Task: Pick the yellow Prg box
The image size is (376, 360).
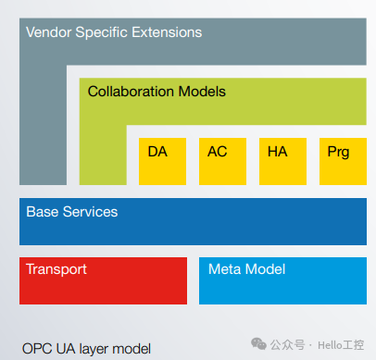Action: [338, 161]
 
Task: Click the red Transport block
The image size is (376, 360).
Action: [103, 280]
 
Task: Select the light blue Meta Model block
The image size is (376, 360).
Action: [282, 280]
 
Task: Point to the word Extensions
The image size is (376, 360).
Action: [166, 32]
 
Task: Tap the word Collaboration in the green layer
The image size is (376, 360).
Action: [131, 92]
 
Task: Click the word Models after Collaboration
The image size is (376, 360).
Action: [201, 92]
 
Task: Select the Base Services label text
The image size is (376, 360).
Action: [72, 212]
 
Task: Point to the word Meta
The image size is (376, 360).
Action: [224, 269]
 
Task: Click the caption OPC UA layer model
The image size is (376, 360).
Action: [88, 347]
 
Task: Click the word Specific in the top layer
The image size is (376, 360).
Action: [106, 32]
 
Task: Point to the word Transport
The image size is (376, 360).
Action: [56, 269]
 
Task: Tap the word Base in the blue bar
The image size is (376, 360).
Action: [41, 212]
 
